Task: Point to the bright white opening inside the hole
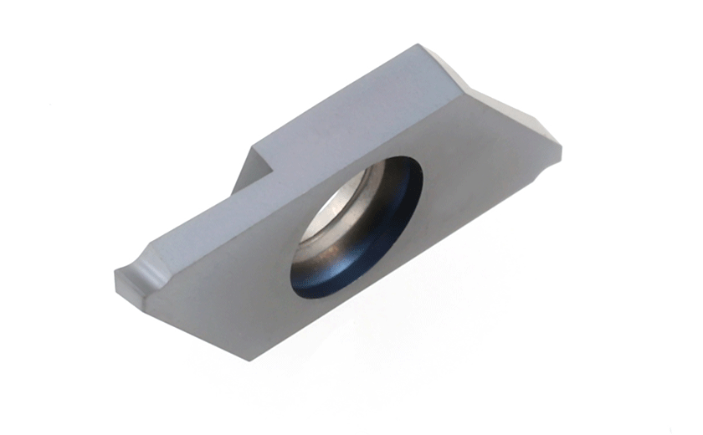(x=331, y=209)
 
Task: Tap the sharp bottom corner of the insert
(x=248, y=361)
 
